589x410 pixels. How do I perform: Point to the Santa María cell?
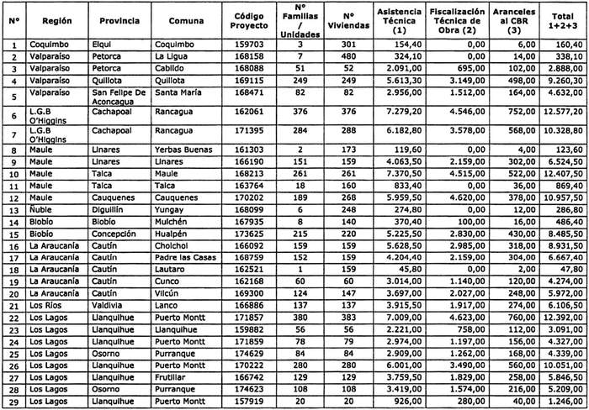[182, 97]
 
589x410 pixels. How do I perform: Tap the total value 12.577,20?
[562, 114]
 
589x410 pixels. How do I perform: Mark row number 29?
[13, 403]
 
